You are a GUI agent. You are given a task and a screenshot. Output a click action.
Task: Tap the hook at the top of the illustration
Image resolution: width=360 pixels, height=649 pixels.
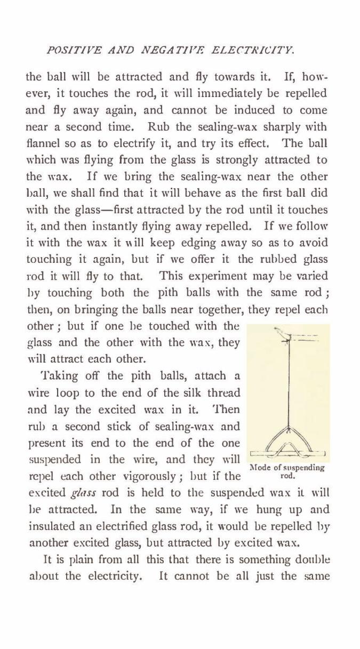click(x=281, y=334)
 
